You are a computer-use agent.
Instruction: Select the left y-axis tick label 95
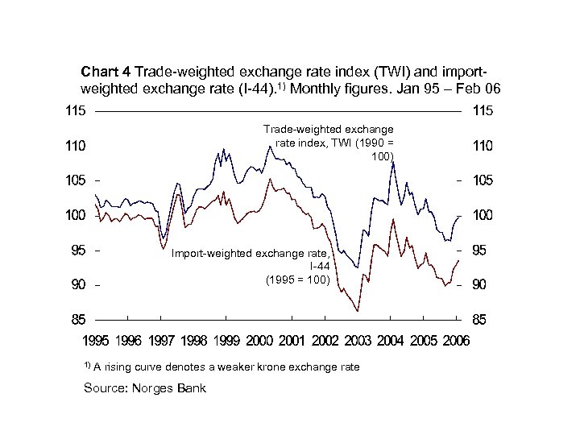(78, 251)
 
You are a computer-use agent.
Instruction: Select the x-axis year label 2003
(357, 342)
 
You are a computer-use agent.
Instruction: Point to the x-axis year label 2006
(456, 342)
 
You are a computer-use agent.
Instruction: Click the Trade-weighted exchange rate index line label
(329, 143)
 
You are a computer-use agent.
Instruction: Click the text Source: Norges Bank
(145, 388)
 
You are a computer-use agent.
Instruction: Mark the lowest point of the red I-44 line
(357, 311)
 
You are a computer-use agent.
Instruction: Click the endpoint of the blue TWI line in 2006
(459, 216)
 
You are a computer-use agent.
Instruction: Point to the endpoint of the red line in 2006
(459, 260)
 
